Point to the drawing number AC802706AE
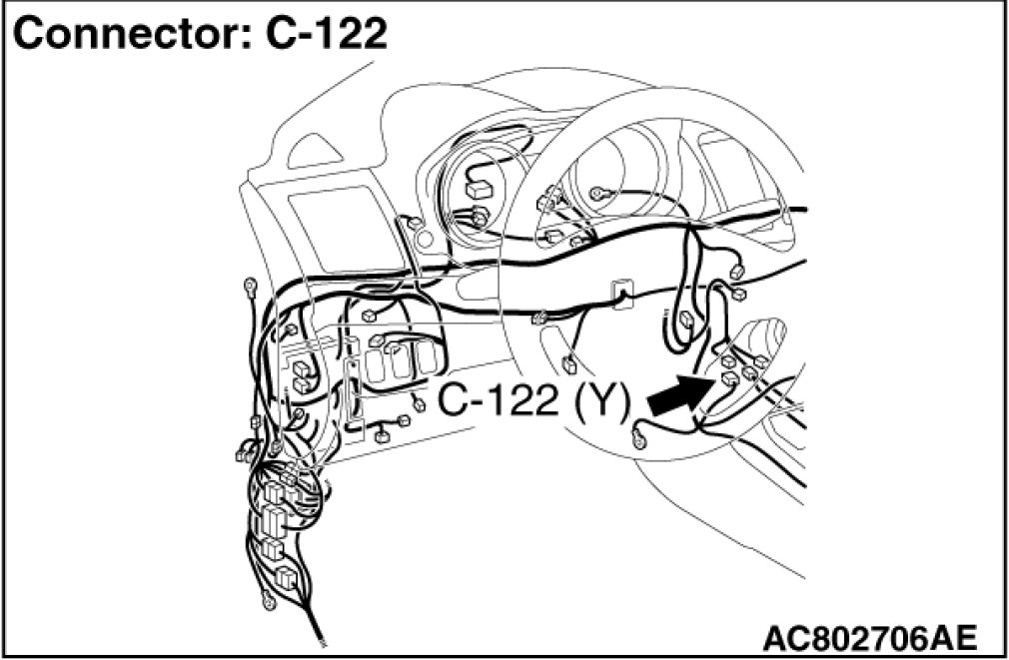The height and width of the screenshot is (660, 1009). point(868,635)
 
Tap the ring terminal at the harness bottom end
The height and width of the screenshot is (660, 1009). point(267,601)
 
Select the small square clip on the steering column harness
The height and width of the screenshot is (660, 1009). point(620,289)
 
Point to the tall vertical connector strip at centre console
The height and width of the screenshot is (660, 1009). point(353,395)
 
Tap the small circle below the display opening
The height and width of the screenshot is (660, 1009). point(422,241)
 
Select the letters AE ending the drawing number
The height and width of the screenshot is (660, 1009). point(954,635)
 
